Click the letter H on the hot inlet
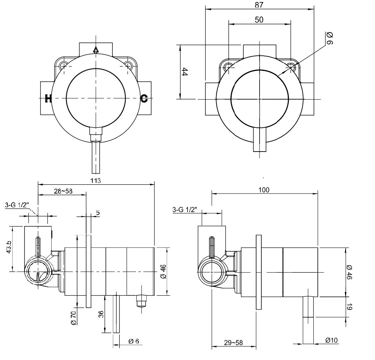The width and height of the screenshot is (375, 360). [48, 98]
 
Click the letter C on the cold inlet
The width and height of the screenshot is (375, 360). [144, 98]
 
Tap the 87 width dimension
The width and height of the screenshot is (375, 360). [259, 5]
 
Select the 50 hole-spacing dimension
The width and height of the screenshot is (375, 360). [259, 20]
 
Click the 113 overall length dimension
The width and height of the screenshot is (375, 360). [96, 181]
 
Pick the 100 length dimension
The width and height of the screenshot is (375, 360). [264, 190]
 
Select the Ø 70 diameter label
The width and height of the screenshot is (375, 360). [73, 318]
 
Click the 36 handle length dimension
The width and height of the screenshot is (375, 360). [101, 314]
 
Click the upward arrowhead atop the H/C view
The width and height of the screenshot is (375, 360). [96, 49]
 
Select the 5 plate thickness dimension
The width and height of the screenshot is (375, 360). [98, 213]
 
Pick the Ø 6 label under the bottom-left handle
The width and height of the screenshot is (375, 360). [134, 341]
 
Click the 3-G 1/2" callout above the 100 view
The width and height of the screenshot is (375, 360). [185, 210]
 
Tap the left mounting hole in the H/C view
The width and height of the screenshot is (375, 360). [64, 66]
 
